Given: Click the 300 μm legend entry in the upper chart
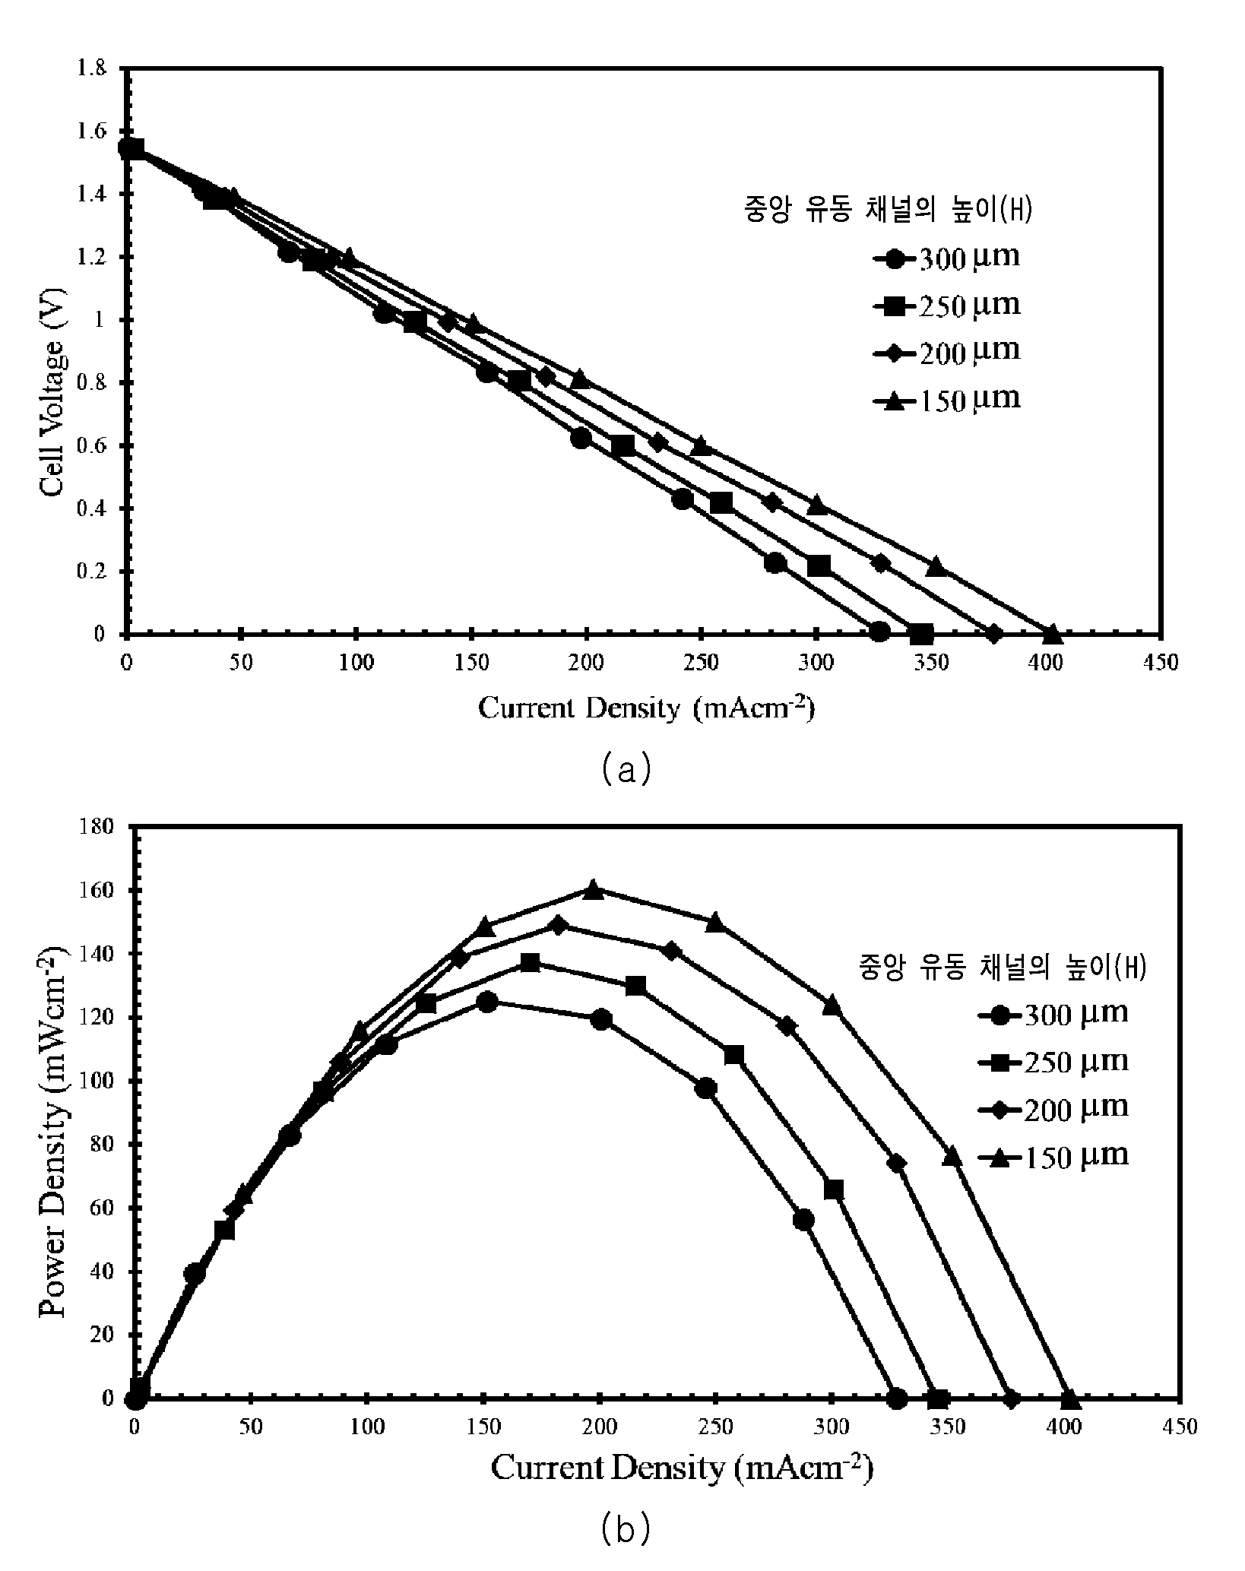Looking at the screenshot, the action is tap(946, 258).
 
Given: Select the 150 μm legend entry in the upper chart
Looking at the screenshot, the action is tap(946, 400).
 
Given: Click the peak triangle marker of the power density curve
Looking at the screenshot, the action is tap(594, 889).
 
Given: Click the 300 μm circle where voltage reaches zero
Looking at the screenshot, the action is tap(879, 632).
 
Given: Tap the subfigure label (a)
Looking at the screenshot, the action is tap(626, 768).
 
